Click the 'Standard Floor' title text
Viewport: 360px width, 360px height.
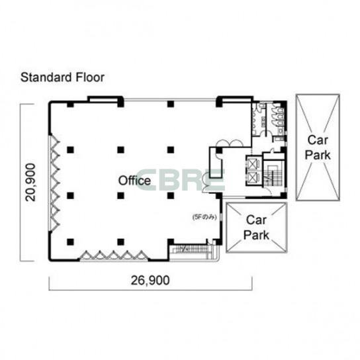click(62, 77)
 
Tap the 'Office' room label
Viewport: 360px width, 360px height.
click(134, 181)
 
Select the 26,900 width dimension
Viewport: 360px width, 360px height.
click(150, 280)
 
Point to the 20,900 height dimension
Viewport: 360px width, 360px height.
click(30, 182)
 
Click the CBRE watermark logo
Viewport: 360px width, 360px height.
click(180, 180)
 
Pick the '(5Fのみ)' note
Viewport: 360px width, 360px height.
click(204, 217)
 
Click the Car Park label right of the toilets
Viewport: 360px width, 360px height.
click(318, 148)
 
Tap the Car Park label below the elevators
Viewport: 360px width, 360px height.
click(256, 228)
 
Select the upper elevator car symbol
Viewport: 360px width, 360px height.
click(252, 163)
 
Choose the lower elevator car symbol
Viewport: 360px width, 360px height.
click(252, 177)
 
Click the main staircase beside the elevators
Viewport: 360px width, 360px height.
click(273, 174)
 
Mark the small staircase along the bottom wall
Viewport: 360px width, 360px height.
click(191, 249)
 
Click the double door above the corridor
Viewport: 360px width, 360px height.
click(230, 143)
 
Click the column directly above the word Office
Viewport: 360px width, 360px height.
click(120, 150)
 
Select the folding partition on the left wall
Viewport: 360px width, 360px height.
click(55, 183)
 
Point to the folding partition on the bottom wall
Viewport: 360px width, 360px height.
click(114, 255)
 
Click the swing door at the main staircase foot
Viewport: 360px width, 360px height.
click(268, 191)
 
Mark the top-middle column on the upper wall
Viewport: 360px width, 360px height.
click(171, 104)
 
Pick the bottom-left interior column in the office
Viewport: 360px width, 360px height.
click(71, 242)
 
